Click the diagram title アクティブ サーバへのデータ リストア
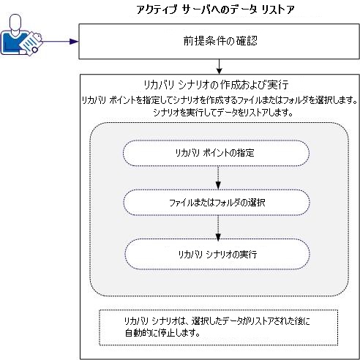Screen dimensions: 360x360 point(216,10)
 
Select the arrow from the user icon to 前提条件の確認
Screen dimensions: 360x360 point(55,42)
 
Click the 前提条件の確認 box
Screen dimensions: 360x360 point(217,42)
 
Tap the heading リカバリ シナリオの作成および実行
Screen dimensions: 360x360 point(217,84)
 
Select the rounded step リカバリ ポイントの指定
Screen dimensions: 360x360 point(217,153)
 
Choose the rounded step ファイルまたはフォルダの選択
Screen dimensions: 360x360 point(217,203)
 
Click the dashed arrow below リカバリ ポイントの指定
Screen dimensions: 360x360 point(217,178)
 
